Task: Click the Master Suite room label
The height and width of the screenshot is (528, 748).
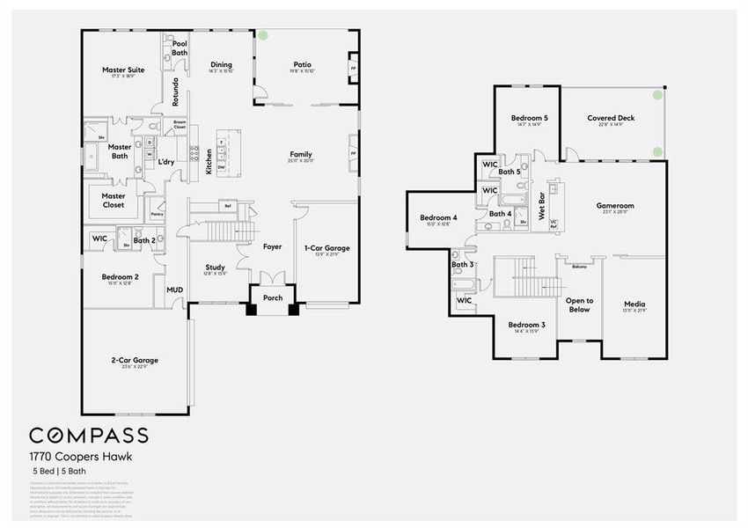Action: click(123, 70)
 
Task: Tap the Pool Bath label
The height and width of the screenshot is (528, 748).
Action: click(180, 48)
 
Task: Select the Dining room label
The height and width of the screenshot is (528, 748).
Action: click(221, 64)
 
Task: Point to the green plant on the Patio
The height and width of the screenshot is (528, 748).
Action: click(263, 36)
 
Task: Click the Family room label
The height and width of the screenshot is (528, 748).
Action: click(301, 154)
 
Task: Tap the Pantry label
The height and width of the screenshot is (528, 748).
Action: click(158, 213)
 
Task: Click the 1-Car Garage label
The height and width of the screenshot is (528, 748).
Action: click(326, 248)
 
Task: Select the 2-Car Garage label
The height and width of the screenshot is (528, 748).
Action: click(135, 360)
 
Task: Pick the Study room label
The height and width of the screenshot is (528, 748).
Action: click(216, 268)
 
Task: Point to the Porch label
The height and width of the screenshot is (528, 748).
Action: click(274, 297)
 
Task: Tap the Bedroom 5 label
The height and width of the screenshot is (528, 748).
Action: click(529, 118)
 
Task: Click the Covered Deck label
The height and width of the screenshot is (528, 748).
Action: click(611, 118)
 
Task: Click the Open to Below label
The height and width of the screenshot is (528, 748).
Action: click(579, 304)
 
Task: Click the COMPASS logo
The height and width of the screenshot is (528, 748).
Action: click(89, 436)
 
